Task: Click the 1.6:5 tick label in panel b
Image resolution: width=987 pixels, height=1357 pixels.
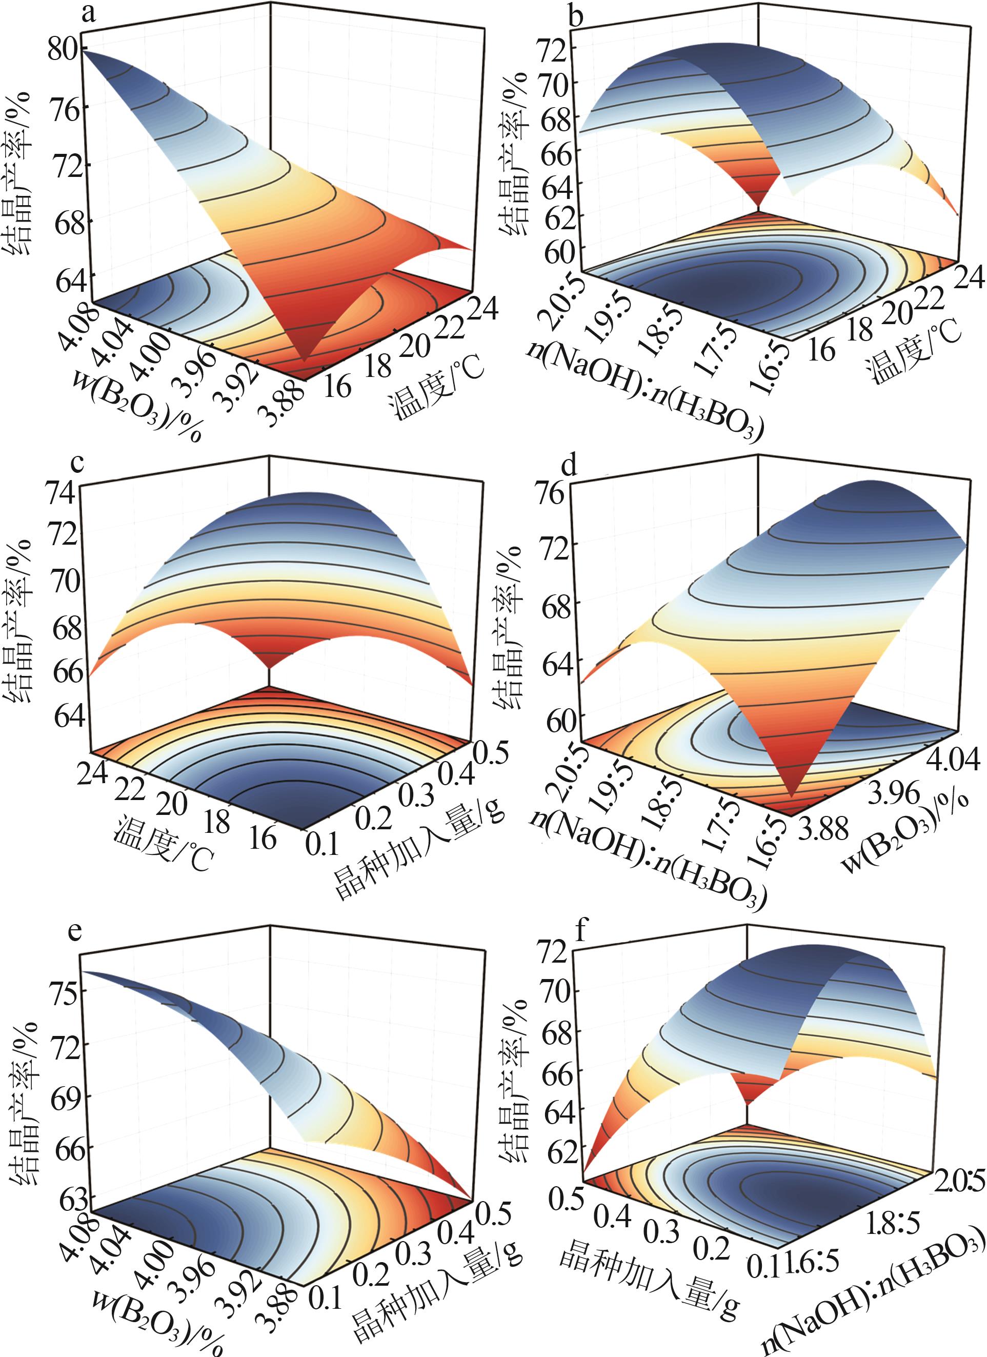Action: pyautogui.click(x=771, y=370)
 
